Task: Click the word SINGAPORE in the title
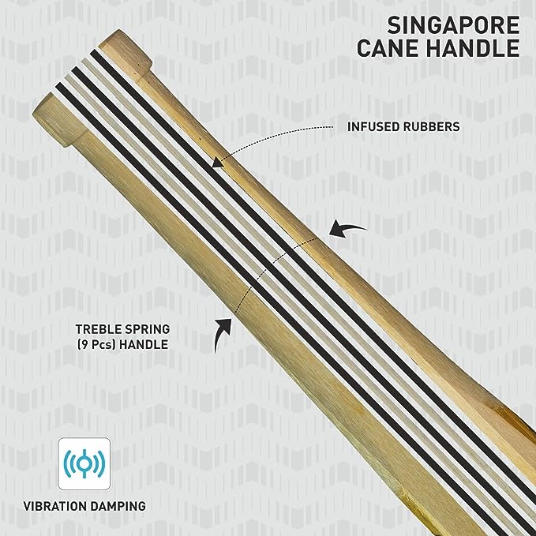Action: (x=453, y=25)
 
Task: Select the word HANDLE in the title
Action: (x=473, y=48)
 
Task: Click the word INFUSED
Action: (x=373, y=126)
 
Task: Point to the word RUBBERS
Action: (x=431, y=126)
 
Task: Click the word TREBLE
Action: (x=97, y=329)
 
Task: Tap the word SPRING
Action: (x=147, y=329)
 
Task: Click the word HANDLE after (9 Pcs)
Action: (x=144, y=344)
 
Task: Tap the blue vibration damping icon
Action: (x=84, y=463)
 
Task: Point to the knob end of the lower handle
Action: (x=58, y=120)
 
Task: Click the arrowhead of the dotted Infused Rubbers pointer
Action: (x=217, y=163)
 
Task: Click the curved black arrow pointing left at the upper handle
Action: (x=347, y=228)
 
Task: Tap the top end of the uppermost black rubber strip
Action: (x=94, y=52)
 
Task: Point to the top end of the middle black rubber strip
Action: (x=76, y=69)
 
